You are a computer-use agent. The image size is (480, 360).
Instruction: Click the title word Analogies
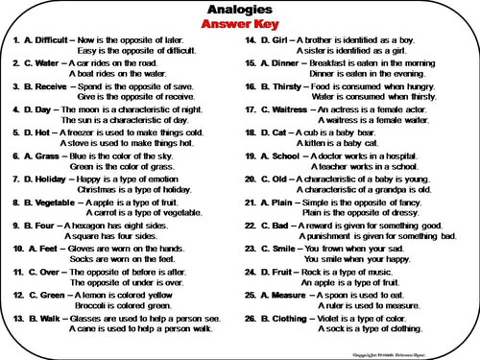pos(240,10)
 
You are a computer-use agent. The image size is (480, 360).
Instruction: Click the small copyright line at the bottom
pos(403,353)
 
